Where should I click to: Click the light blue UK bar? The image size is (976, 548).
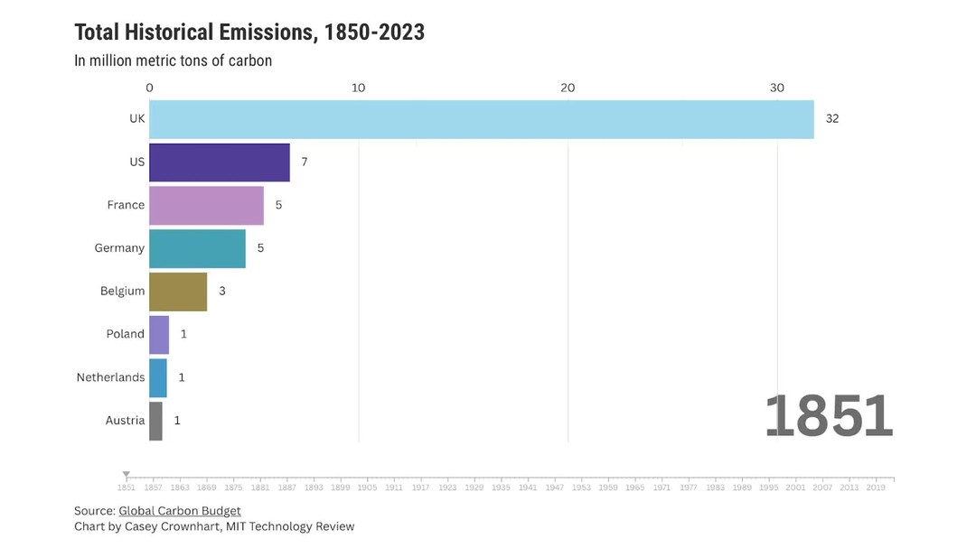(x=481, y=119)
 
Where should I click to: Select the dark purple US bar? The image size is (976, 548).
(x=219, y=163)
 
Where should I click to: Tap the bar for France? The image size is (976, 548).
(x=206, y=205)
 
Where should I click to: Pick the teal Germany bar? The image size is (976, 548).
(x=197, y=248)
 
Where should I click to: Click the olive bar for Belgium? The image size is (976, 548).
(x=178, y=291)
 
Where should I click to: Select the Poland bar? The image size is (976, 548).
(x=159, y=334)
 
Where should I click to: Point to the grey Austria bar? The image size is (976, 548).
(x=155, y=421)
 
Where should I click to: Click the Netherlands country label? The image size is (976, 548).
(x=110, y=377)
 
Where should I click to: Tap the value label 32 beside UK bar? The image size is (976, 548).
(x=831, y=119)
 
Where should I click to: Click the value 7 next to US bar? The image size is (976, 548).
(x=305, y=163)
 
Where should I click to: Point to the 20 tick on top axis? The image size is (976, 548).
(x=568, y=88)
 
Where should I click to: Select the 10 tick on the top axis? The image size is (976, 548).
(x=358, y=88)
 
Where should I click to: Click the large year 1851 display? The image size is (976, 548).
(x=829, y=416)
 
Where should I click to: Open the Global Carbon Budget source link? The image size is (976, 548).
(x=179, y=511)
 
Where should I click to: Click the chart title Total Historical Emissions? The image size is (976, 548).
(x=249, y=33)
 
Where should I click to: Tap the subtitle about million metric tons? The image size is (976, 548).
(x=173, y=60)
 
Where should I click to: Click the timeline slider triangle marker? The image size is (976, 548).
(x=127, y=475)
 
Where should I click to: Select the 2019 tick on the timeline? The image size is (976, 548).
(x=875, y=488)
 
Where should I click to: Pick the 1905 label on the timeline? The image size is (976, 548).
(x=367, y=488)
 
